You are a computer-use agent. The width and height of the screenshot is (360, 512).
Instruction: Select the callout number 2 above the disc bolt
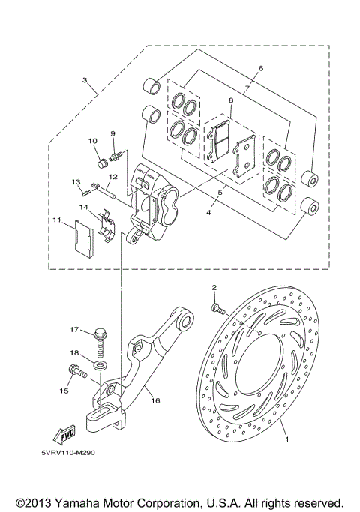pyautogui.click(x=214, y=288)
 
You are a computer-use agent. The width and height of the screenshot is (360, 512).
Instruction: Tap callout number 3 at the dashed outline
pyautogui.click(x=85, y=80)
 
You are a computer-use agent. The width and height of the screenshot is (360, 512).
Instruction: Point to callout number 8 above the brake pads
pyautogui.click(x=232, y=100)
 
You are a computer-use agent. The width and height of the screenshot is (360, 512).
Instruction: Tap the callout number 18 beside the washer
pyautogui.click(x=74, y=352)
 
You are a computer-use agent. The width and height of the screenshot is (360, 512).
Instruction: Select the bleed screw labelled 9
pyautogui.click(x=117, y=155)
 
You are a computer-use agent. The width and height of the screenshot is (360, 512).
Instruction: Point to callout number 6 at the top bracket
pyautogui.click(x=260, y=69)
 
